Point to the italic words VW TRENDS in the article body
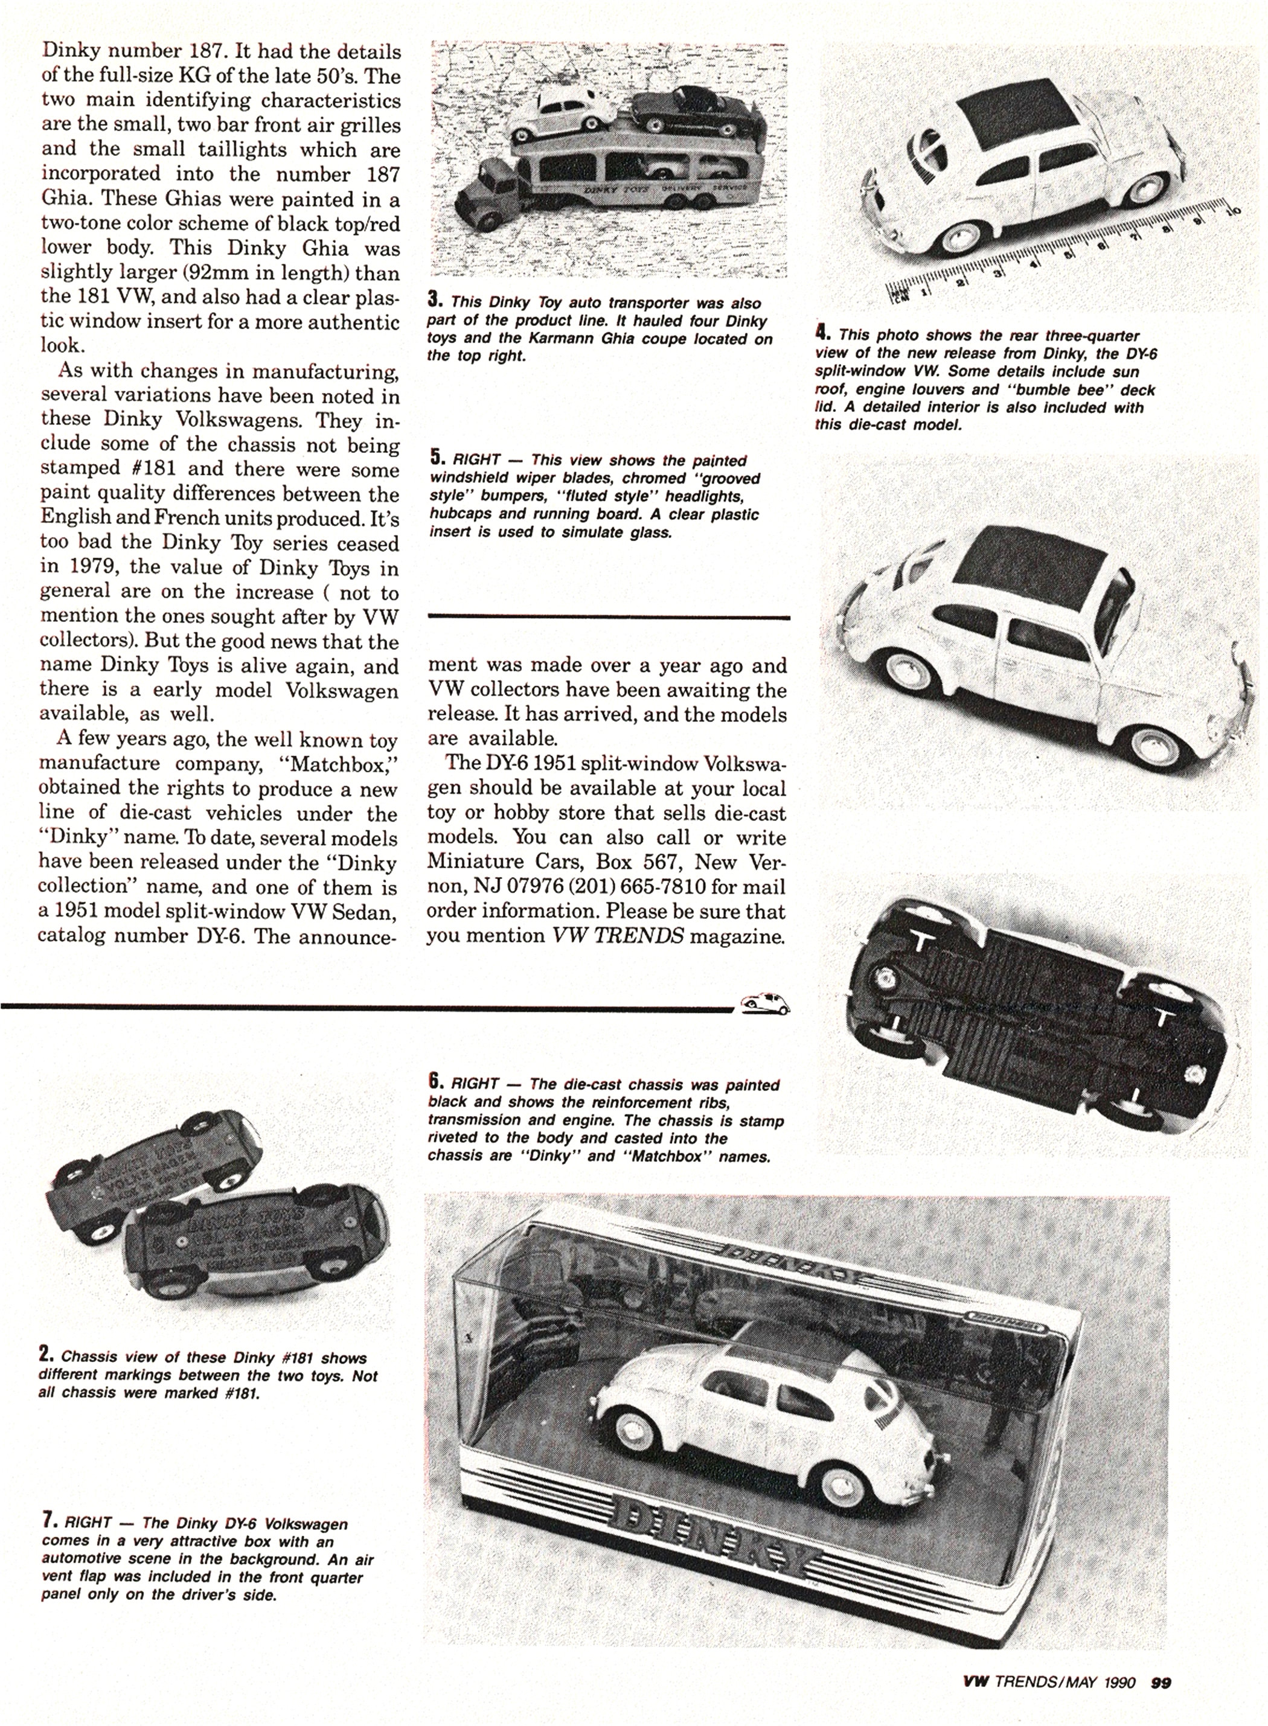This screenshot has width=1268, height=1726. pyautogui.click(x=618, y=936)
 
